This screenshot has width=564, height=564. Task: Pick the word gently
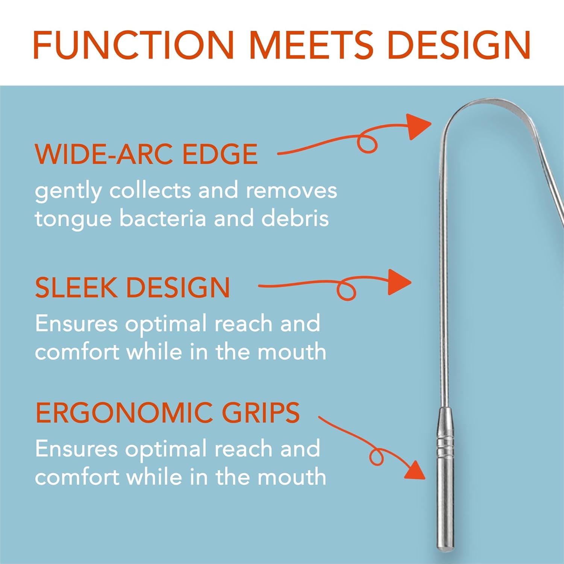pyautogui.click(x=68, y=191)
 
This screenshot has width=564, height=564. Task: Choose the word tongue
pyautogui.click(x=73, y=219)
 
